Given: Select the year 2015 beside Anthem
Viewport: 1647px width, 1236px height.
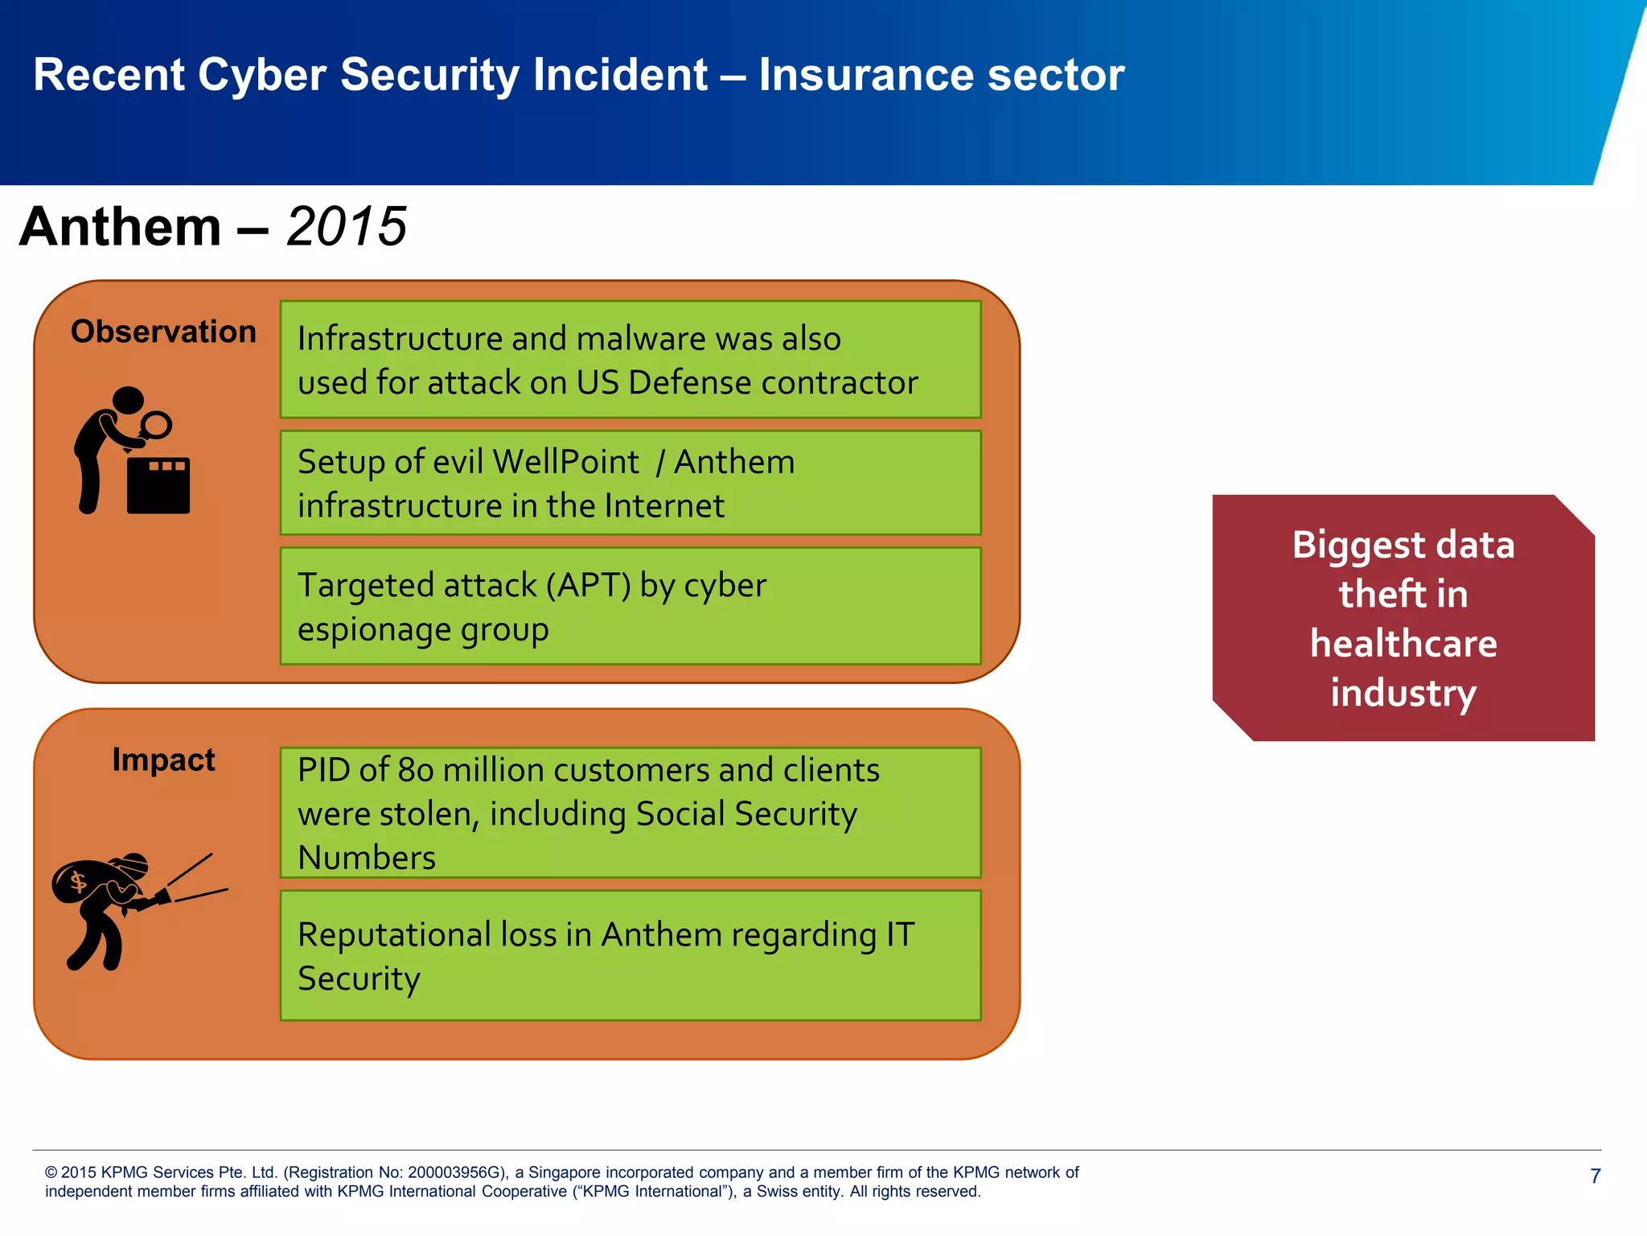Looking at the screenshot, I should [x=347, y=226].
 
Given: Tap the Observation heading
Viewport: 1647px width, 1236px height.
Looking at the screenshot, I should [x=163, y=332].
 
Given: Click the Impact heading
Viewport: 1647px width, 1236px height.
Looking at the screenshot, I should [x=163, y=760].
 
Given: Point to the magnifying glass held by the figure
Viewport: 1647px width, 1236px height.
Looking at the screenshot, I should [x=155, y=424].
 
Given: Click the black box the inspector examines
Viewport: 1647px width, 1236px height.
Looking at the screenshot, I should [x=158, y=485].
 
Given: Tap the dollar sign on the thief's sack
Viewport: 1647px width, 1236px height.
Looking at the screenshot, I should [x=78, y=882].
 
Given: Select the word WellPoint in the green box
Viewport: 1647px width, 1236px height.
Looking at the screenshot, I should [x=565, y=462].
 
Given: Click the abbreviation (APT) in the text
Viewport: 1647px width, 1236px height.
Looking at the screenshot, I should [x=588, y=585].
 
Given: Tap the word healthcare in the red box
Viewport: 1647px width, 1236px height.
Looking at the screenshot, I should [x=1403, y=644].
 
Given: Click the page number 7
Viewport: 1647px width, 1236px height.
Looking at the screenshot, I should [x=1596, y=1176].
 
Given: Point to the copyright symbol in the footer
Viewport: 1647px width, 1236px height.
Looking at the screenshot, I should [x=51, y=1172].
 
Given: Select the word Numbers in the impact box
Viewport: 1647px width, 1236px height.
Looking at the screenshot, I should [x=367, y=858].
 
